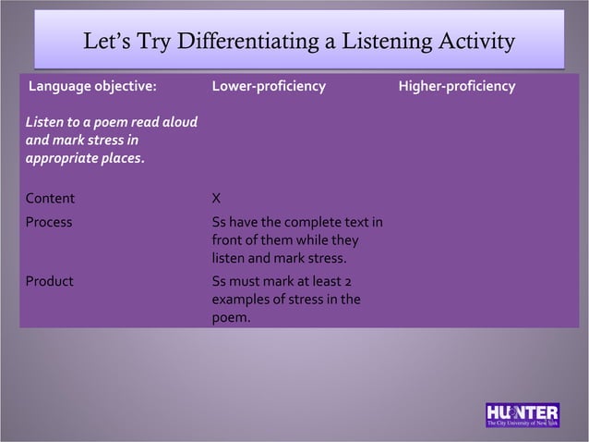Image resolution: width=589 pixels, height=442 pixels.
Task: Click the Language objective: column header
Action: (92, 87)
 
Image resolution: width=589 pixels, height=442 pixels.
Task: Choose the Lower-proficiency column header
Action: (269, 87)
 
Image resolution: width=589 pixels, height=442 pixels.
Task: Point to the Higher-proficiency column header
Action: (457, 87)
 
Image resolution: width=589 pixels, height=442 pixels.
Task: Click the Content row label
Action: (50, 198)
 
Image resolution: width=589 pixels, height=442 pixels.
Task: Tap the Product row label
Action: (49, 282)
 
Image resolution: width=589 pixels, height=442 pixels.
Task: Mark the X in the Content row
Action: (216, 198)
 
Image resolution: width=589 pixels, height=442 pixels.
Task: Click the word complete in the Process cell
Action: (300, 223)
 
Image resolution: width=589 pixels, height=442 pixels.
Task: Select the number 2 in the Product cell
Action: (357, 282)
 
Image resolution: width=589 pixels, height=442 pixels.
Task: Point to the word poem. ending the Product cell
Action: (231, 317)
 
